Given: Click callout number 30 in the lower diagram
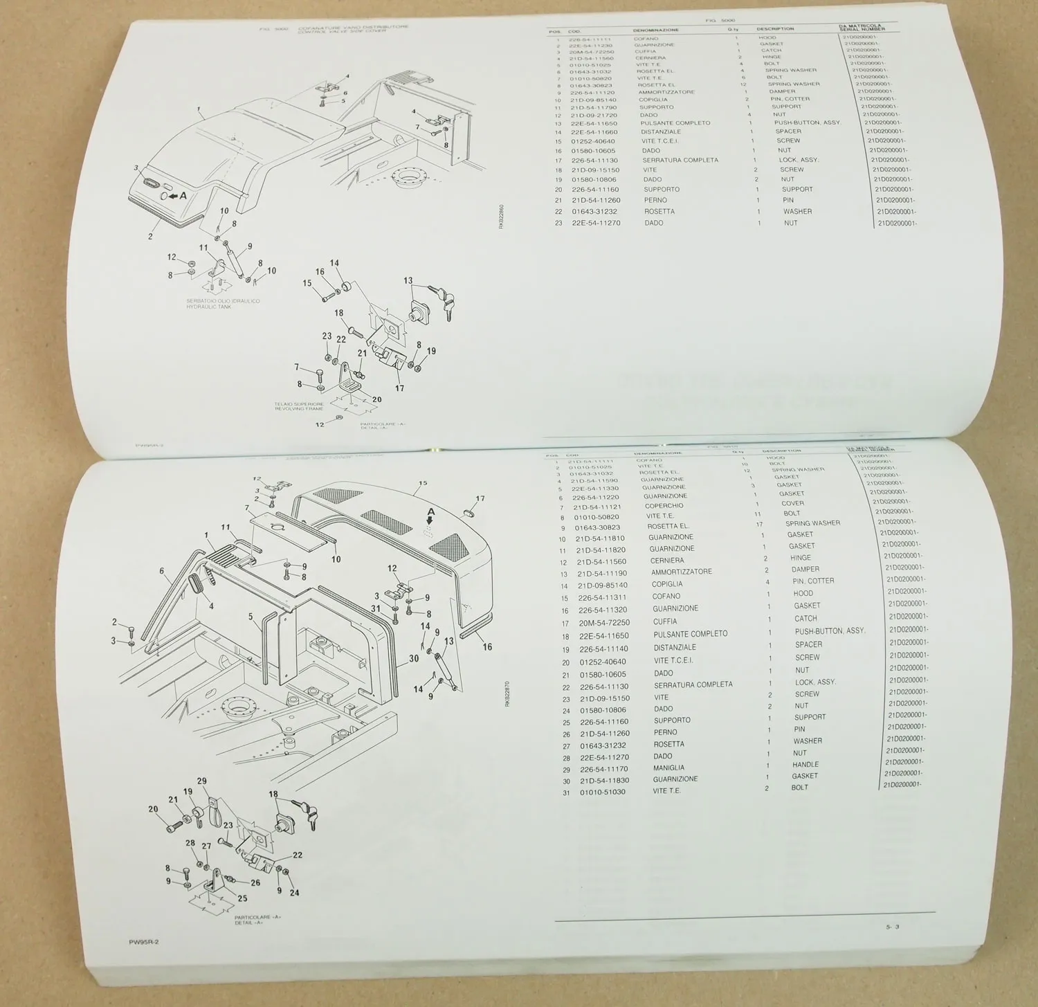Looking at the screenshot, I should (x=414, y=658).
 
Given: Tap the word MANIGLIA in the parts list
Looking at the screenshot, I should (x=668, y=768).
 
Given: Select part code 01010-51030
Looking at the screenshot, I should (x=602, y=792).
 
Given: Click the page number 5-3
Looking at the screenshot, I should (x=892, y=927).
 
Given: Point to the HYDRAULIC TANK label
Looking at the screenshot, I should (x=209, y=307).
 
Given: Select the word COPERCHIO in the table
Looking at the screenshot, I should (x=664, y=506).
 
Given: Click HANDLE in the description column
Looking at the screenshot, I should (x=805, y=765).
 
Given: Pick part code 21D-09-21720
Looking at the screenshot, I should (x=593, y=116).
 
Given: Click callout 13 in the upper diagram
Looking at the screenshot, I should (x=408, y=281).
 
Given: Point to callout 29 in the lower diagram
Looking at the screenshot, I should (x=201, y=781).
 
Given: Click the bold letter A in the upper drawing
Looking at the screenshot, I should (x=183, y=196).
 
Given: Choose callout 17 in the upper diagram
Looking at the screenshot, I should (x=399, y=388).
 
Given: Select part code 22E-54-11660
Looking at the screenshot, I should (x=594, y=132).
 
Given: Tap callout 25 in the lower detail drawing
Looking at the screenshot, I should (x=242, y=899).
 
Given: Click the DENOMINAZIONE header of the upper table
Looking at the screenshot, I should (x=655, y=30).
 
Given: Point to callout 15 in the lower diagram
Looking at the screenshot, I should (x=423, y=484).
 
